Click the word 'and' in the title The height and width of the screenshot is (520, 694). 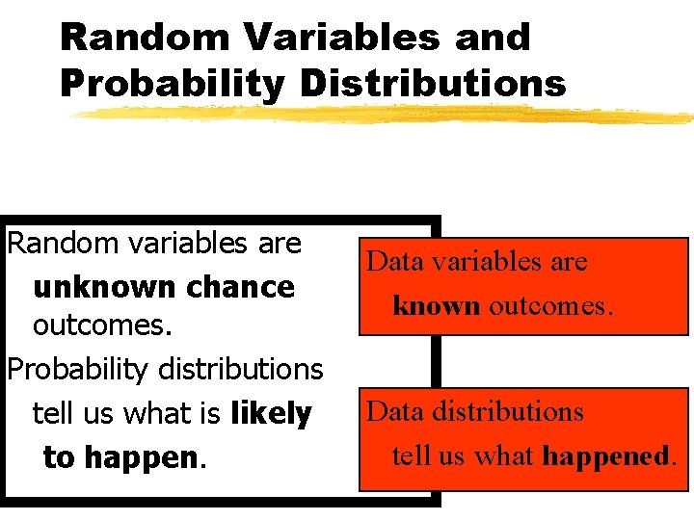(x=492, y=38)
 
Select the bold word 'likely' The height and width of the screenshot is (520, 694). (x=271, y=414)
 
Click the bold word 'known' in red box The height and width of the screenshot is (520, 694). (x=436, y=305)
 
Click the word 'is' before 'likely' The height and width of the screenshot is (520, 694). (x=210, y=414)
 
